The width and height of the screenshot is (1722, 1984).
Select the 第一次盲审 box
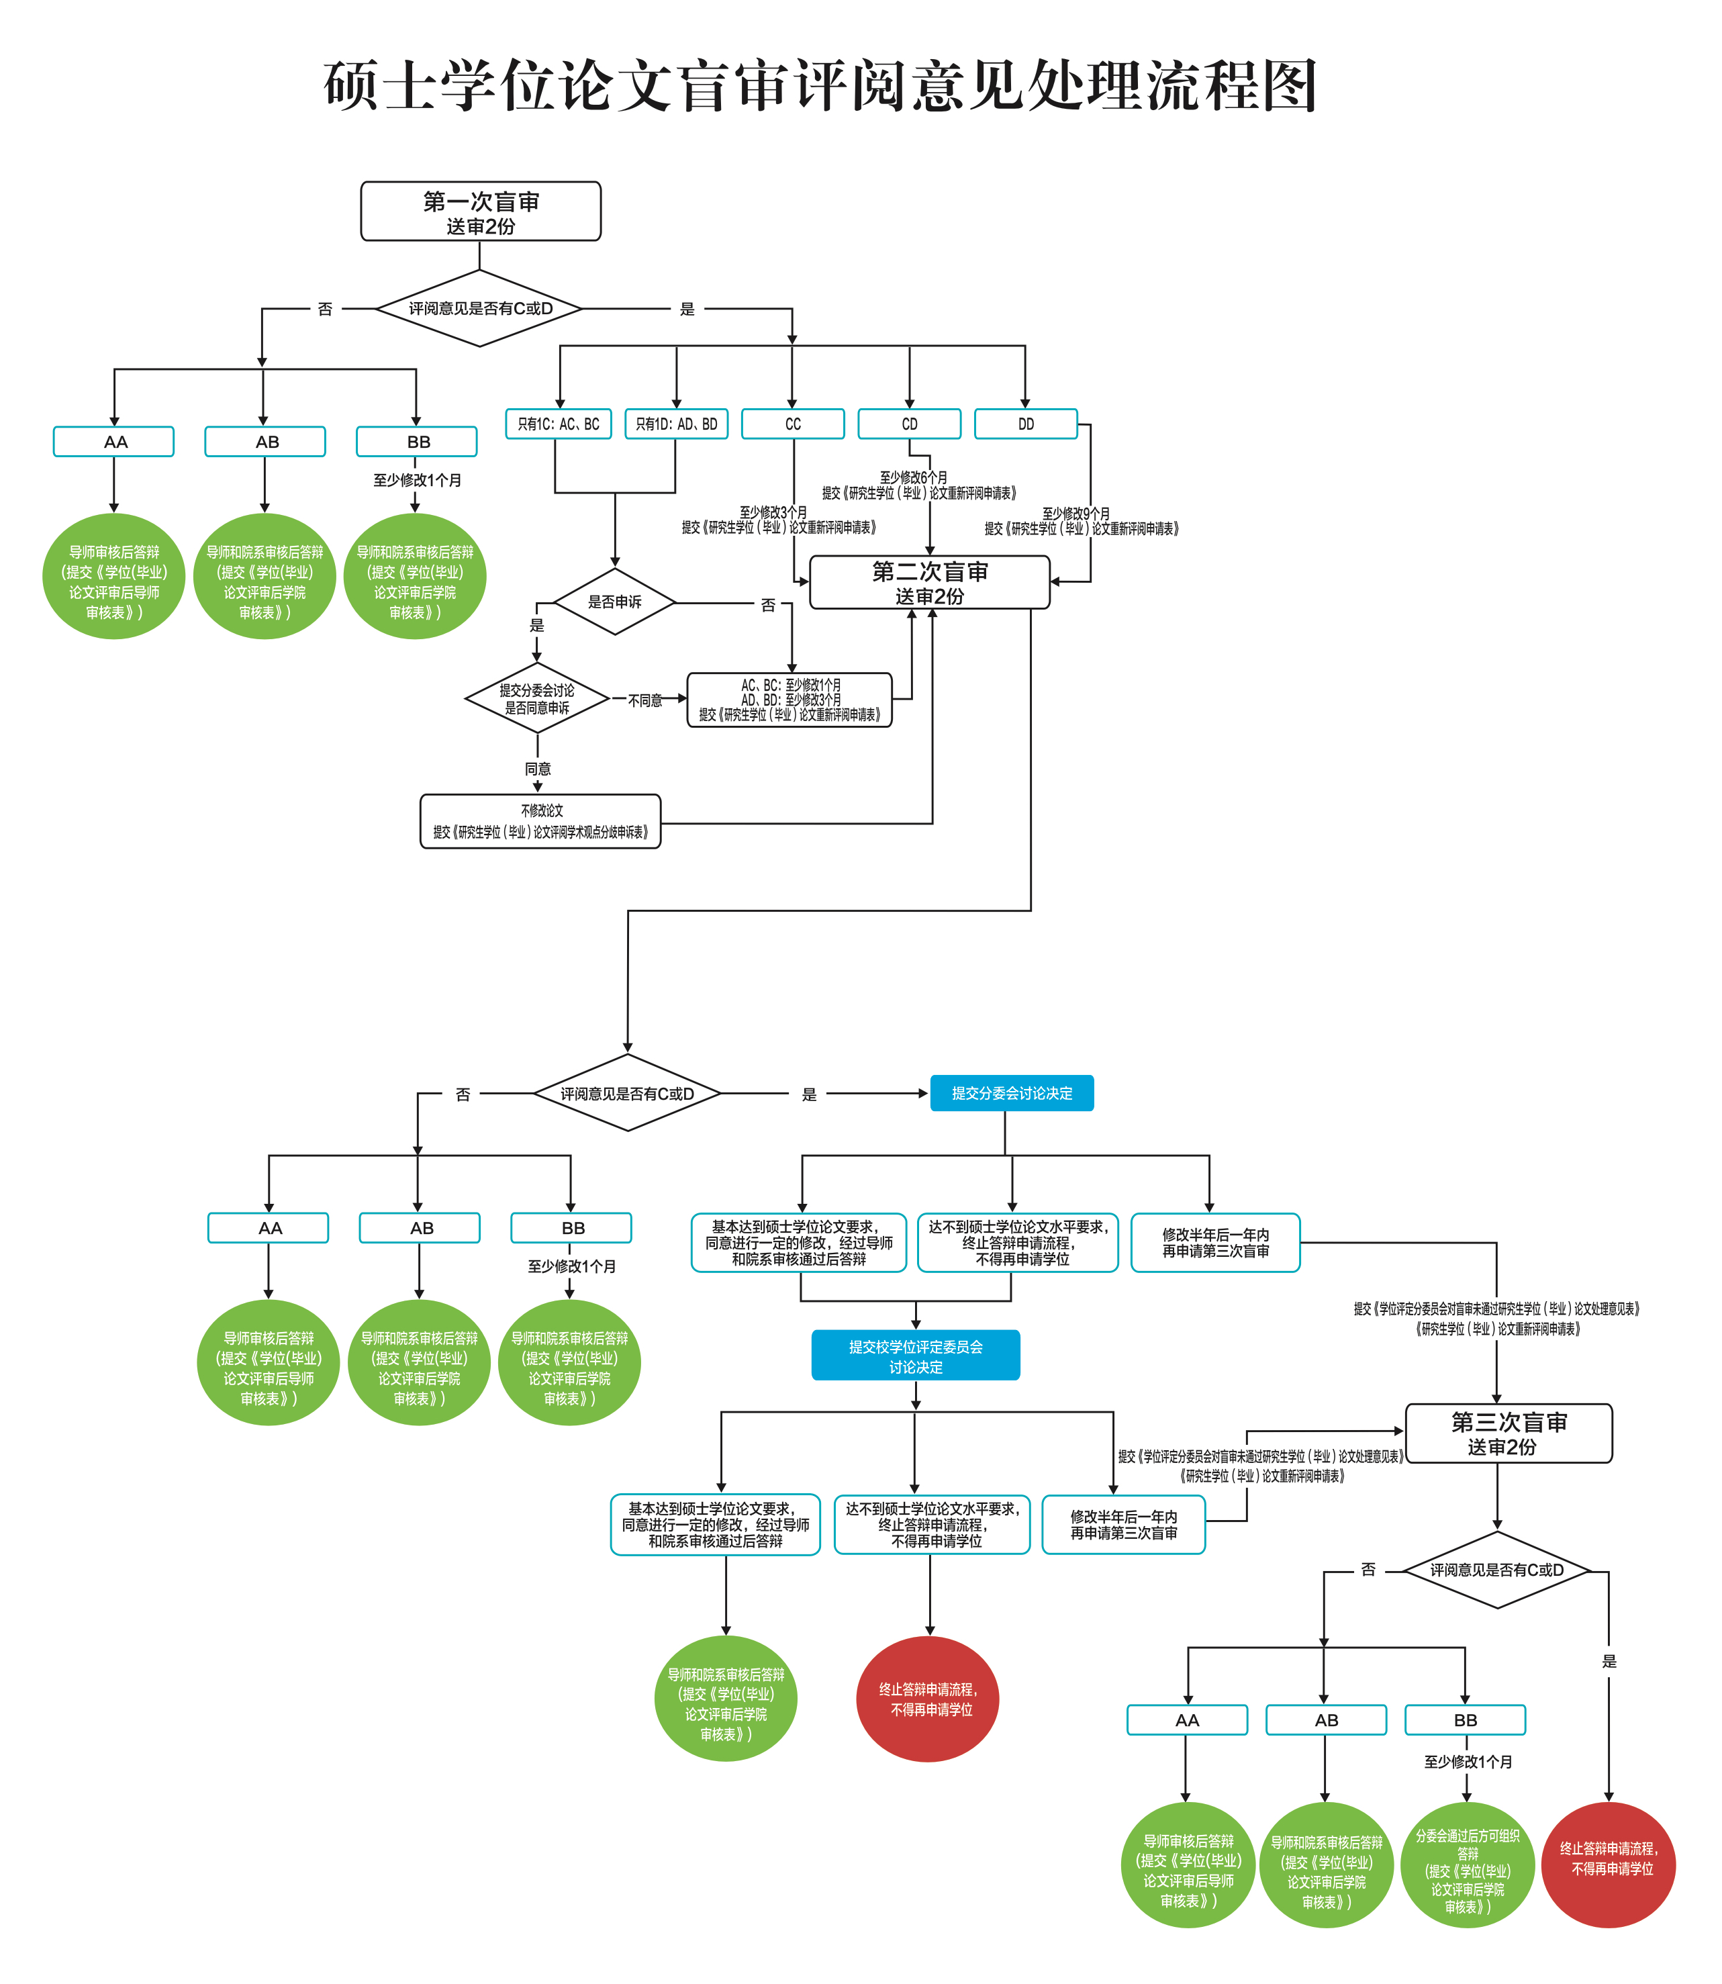(481, 212)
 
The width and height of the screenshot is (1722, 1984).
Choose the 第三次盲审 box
(1508, 1433)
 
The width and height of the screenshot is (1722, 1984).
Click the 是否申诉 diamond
(615, 602)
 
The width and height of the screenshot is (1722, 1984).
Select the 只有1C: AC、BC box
(559, 424)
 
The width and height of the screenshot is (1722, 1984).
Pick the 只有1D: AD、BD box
(677, 424)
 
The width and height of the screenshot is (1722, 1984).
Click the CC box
(793, 424)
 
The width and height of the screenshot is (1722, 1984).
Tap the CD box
(909, 424)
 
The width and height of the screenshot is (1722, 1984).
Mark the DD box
(1025, 424)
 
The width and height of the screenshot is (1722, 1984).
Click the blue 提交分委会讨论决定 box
(1012, 1093)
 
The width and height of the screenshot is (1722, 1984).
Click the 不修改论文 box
(540, 821)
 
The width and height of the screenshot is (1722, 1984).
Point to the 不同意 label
(644, 700)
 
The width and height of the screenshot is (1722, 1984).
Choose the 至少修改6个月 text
(913, 477)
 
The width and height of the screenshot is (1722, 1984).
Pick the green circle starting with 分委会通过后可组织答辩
(1468, 1866)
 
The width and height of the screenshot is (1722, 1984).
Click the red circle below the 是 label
(1608, 1866)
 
